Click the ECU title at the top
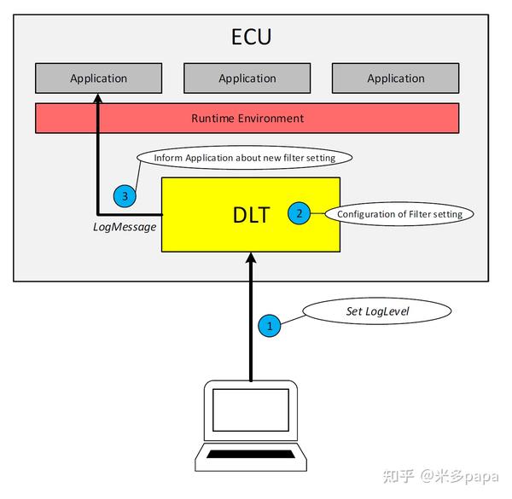(251, 37)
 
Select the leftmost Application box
(98, 78)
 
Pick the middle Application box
(247, 78)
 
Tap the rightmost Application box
(395, 78)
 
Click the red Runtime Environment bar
(247, 118)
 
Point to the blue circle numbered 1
(270, 325)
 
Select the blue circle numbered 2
(299, 213)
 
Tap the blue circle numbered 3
(125, 196)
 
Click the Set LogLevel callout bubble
(377, 311)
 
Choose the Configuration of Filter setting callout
(399, 214)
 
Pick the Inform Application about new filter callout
(245, 158)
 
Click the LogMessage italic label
(125, 227)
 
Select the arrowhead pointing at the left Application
(98, 100)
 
